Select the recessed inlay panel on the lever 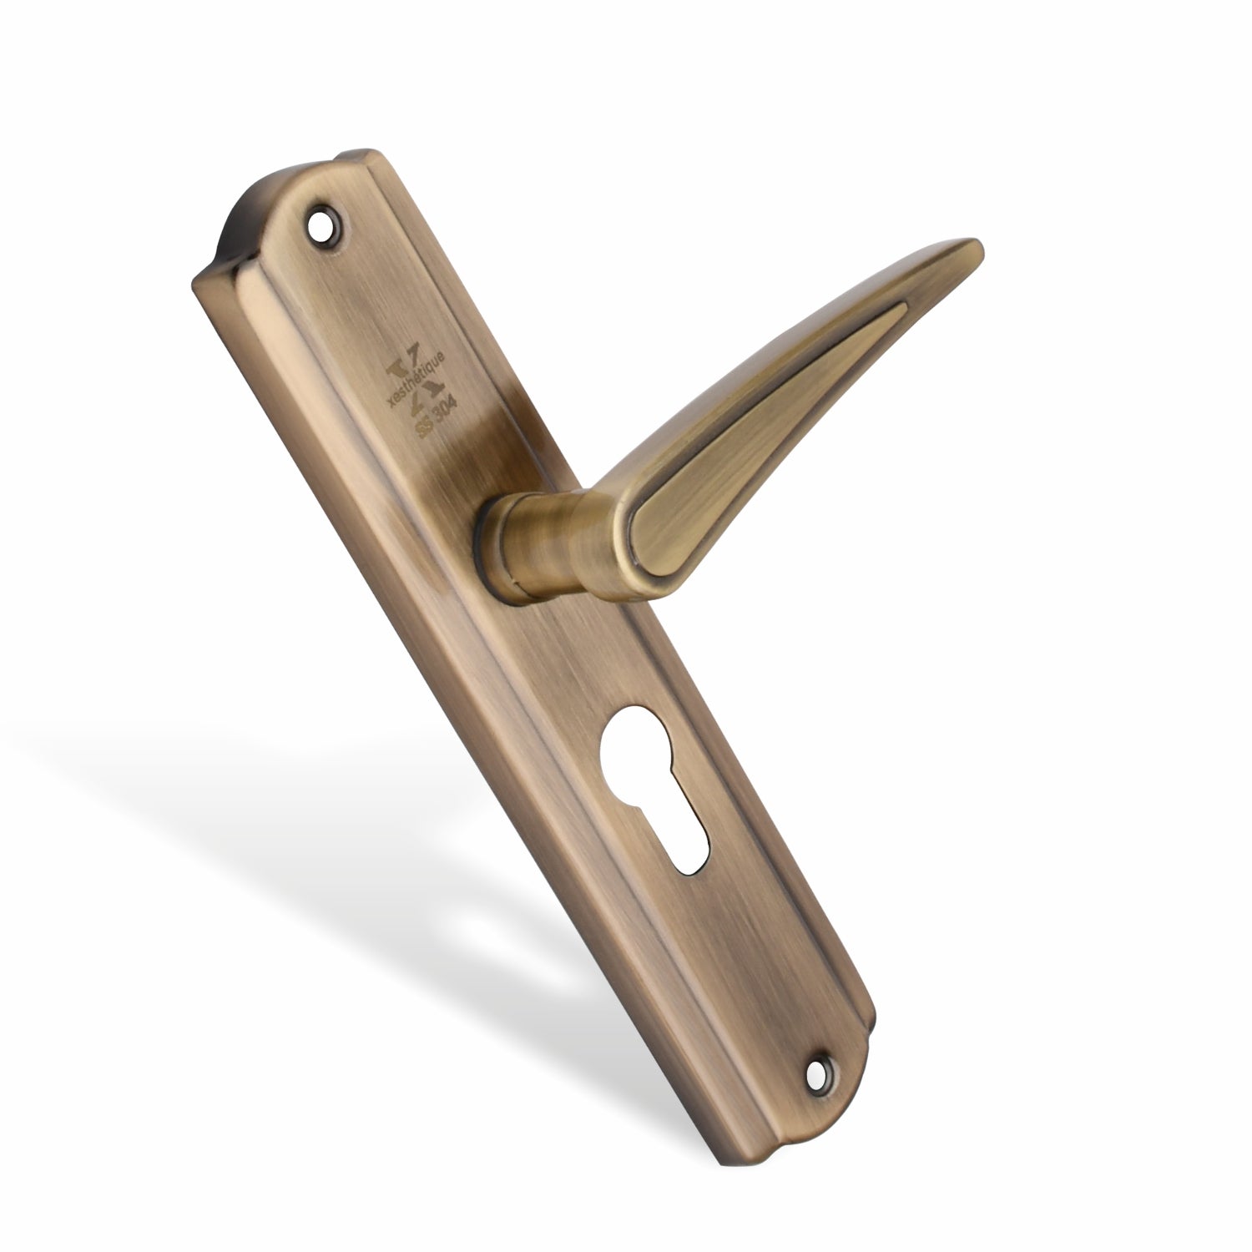click(751, 434)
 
